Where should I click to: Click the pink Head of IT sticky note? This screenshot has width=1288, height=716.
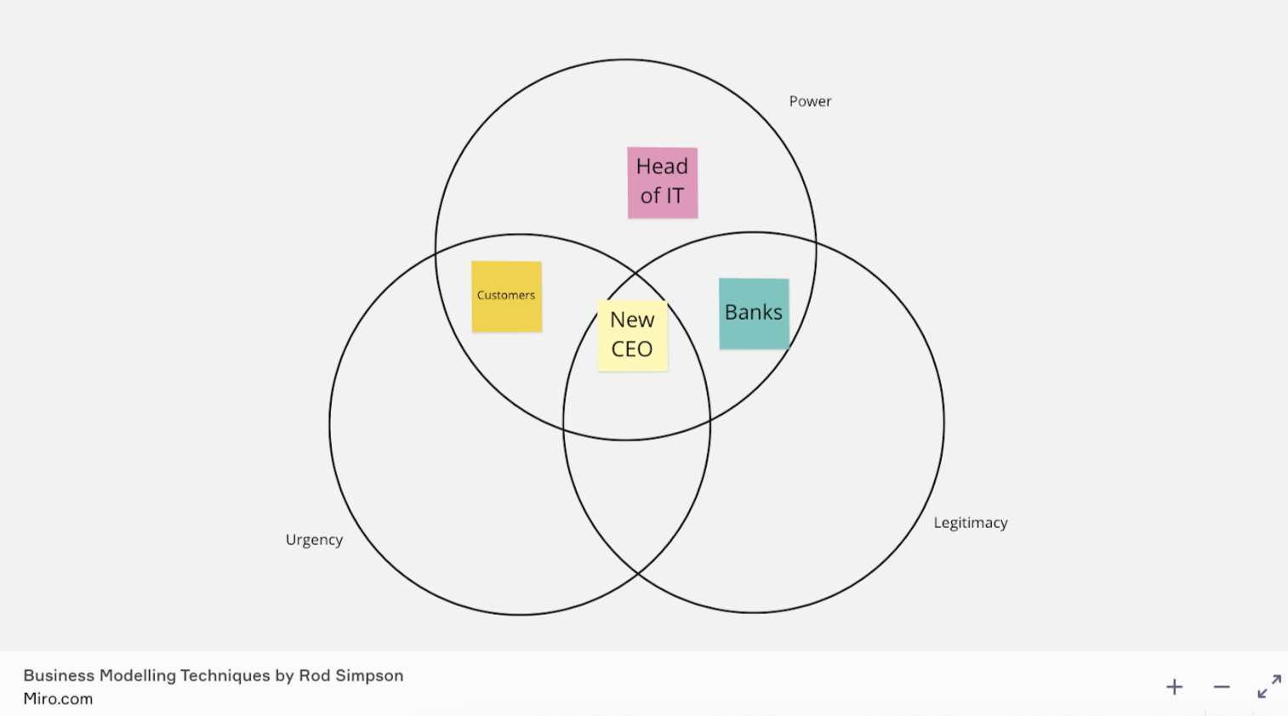click(x=662, y=182)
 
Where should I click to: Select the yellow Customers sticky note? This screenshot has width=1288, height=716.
click(x=506, y=296)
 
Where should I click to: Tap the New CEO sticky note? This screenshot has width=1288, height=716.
click(x=632, y=335)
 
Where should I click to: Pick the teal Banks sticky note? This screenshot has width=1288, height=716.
click(x=754, y=313)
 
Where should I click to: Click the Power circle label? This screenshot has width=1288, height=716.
click(x=810, y=101)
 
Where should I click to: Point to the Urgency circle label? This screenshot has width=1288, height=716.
click(x=314, y=540)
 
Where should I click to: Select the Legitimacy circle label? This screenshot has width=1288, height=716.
click(x=970, y=523)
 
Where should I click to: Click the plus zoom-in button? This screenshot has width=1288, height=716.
click(x=1174, y=687)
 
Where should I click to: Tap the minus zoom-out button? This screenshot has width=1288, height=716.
click(x=1222, y=687)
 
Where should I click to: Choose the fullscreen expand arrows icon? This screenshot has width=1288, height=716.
click(x=1269, y=686)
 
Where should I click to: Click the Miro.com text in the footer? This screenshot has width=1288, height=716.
click(x=58, y=699)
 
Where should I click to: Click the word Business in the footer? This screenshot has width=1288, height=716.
click(x=59, y=676)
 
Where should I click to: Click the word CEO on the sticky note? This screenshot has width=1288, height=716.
click(x=632, y=349)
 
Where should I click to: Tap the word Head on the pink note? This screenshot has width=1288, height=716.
click(x=662, y=167)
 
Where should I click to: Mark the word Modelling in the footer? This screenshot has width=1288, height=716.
click(x=137, y=676)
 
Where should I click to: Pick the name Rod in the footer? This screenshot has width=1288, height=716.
click(x=313, y=676)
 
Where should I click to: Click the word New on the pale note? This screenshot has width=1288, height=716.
click(x=632, y=320)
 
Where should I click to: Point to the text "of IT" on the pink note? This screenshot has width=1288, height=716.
click(x=662, y=196)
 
